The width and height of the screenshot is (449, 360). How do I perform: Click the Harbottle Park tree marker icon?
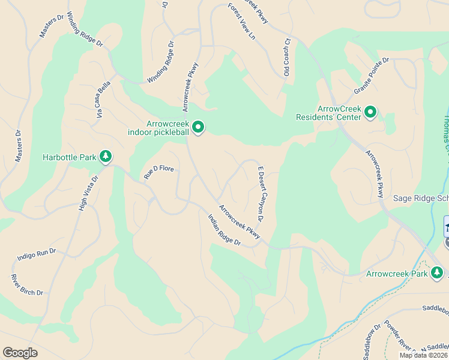(106, 157)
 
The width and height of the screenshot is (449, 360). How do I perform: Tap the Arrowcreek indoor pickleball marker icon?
(198, 127)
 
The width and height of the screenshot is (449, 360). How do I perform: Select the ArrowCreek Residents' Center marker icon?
(370, 112)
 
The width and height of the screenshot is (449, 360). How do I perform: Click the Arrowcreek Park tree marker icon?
(437, 274)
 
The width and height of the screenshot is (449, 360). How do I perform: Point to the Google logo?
(20, 353)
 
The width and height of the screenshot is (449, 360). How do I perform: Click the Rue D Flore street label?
(158, 172)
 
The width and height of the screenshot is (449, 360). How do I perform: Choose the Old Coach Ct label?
(287, 58)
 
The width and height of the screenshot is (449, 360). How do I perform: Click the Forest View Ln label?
(241, 22)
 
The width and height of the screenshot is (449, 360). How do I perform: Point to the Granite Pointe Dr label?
(372, 76)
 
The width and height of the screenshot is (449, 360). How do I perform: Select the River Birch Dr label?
(27, 284)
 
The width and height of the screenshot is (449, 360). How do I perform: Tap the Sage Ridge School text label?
(421, 198)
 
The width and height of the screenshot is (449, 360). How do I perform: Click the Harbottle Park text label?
(70, 158)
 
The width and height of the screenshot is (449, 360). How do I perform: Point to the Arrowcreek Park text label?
(397, 274)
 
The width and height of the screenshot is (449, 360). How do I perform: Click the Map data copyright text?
(424, 355)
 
